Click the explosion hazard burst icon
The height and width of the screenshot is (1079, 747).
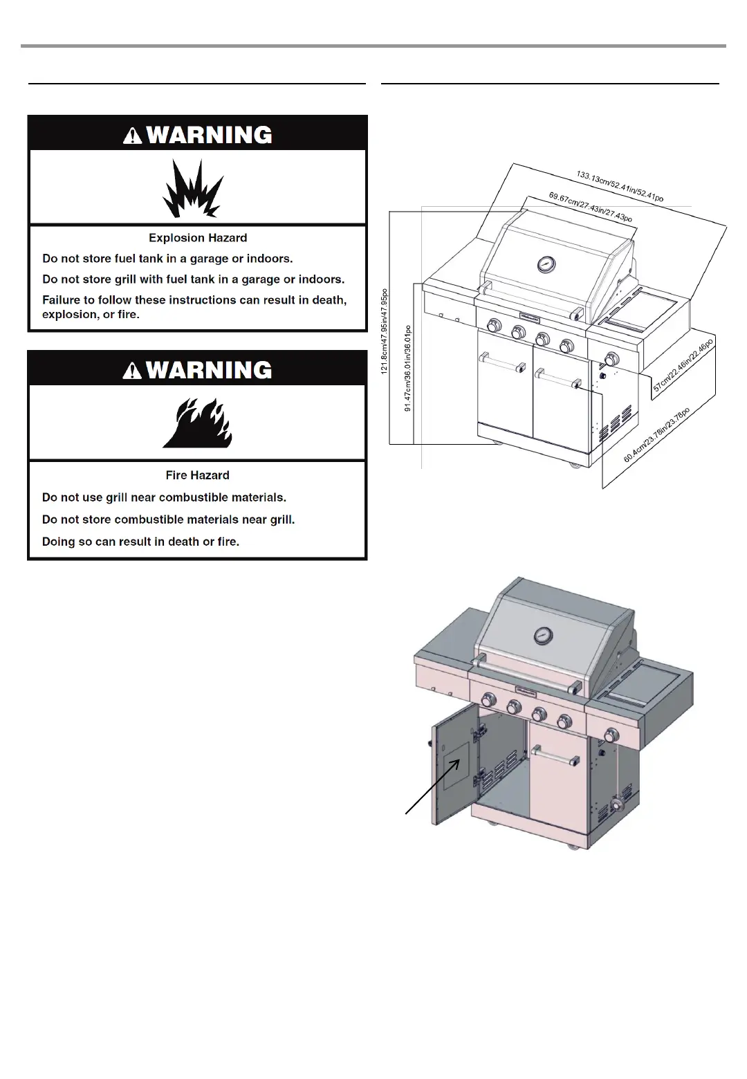pyautogui.click(x=193, y=189)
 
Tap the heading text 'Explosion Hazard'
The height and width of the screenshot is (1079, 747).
pyautogui.click(x=198, y=238)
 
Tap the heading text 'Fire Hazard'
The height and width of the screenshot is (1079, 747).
pyautogui.click(x=198, y=475)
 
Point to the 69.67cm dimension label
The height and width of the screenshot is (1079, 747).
pyautogui.click(x=590, y=207)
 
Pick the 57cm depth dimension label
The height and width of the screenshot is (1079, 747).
pyautogui.click(x=683, y=365)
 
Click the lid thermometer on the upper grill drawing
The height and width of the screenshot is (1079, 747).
pyautogui.click(x=546, y=264)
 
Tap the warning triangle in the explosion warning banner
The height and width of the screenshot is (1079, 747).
pyautogui.click(x=132, y=136)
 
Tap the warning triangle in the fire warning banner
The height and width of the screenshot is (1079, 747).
pyautogui.click(x=132, y=371)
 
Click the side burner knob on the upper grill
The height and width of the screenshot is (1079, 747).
pyautogui.click(x=612, y=358)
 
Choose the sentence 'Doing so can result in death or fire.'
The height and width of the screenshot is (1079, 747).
pyautogui.click(x=141, y=542)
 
